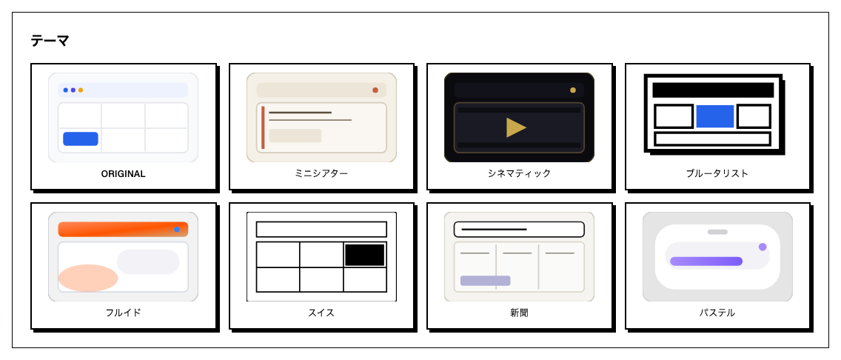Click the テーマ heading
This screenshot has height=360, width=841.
[50, 41]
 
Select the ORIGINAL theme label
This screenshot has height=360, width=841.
[124, 174]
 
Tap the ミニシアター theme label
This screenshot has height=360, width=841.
[321, 174]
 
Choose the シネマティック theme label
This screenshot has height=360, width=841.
[519, 174]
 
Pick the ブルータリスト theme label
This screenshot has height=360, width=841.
[717, 174]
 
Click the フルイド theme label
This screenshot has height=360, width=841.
[124, 313]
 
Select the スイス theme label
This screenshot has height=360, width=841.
[321, 313]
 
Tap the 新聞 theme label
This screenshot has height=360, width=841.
[519, 313]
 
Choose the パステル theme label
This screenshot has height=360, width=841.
[717, 313]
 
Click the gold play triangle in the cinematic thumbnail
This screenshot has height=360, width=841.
[516, 127]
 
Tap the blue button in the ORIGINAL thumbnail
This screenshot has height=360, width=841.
[81, 139]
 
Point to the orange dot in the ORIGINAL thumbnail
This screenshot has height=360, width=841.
[81, 90]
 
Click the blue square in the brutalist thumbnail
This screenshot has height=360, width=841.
[715, 116]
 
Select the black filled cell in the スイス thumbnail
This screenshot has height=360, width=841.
[365, 255]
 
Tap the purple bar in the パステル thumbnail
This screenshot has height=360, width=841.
[706, 261]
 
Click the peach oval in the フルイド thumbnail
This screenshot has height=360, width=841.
[88, 278]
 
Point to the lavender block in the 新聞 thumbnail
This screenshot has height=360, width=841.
[485, 281]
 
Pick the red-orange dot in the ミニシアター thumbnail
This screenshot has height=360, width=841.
[375, 90]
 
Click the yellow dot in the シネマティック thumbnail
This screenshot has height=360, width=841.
[573, 90]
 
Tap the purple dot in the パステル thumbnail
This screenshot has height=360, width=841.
[763, 247]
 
